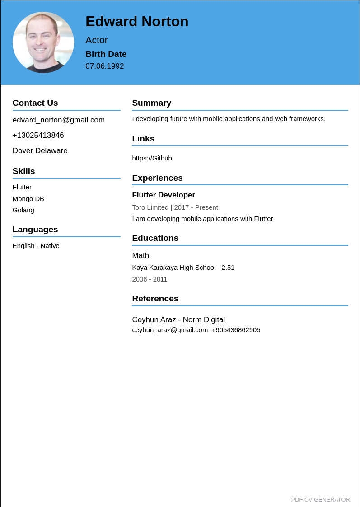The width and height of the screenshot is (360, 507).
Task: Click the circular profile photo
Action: point(43,42)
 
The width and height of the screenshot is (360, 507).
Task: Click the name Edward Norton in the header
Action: point(137,21)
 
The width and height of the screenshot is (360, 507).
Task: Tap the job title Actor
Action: point(97,40)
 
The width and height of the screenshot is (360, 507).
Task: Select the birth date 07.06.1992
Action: point(104,66)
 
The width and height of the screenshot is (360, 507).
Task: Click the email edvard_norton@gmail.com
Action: point(59,120)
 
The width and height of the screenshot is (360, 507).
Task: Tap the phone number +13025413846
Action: point(38,136)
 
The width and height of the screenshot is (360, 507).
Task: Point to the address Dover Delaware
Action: point(40,151)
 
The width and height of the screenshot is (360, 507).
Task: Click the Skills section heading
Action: point(24,171)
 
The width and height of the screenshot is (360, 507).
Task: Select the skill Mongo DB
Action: point(28,199)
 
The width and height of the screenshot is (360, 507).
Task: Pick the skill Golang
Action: point(23,210)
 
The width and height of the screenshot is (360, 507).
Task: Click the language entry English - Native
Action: point(36,246)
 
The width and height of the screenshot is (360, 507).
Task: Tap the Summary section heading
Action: point(152,103)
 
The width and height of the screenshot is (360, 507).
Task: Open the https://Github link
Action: point(152,158)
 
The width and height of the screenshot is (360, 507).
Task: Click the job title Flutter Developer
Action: point(164,195)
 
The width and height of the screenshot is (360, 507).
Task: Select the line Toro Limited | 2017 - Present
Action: point(175,207)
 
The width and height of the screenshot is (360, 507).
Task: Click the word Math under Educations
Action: point(140,256)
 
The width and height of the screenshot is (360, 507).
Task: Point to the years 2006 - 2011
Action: point(150,279)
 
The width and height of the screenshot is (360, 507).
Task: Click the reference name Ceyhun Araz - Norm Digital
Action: point(178,320)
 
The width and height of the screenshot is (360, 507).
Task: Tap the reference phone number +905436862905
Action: point(236,330)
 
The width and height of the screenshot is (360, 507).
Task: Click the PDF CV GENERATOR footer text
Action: point(320,500)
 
